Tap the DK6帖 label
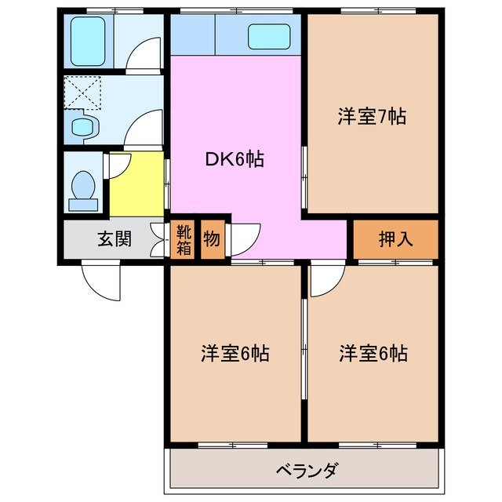click(x=234, y=160)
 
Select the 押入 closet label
click(x=395, y=240)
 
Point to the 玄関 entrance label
click(x=114, y=240)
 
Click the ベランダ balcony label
click(x=307, y=471)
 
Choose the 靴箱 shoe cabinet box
click(x=182, y=240)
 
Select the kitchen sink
click(x=271, y=36)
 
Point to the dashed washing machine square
click(x=83, y=92)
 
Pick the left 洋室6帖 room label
click(x=234, y=354)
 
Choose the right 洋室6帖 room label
click(x=373, y=354)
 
